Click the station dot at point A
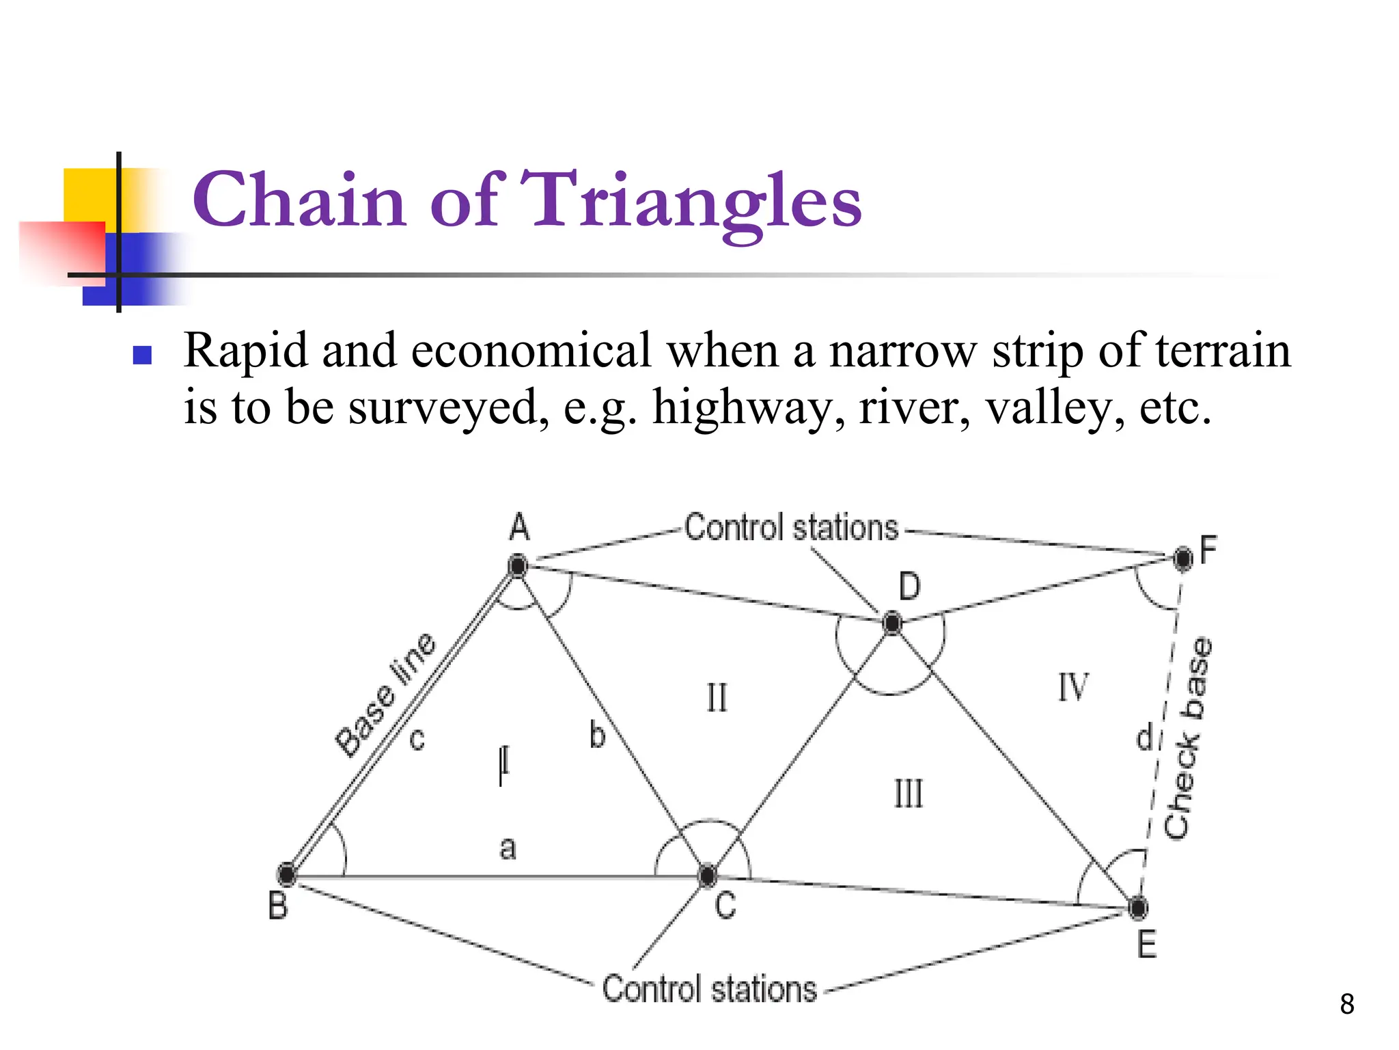(518, 566)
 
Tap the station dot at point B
(287, 874)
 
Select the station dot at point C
(708, 875)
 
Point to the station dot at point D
(892, 623)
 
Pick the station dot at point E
(1138, 908)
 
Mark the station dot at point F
(1183, 558)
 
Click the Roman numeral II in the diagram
(717, 699)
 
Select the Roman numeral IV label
(1073, 687)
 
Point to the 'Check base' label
(1189, 738)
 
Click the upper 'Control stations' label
(791, 528)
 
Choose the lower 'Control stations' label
(709, 989)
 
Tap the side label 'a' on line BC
(508, 848)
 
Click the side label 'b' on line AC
(597, 735)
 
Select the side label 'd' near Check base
(1144, 737)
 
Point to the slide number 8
(1346, 1004)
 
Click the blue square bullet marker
(142, 355)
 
